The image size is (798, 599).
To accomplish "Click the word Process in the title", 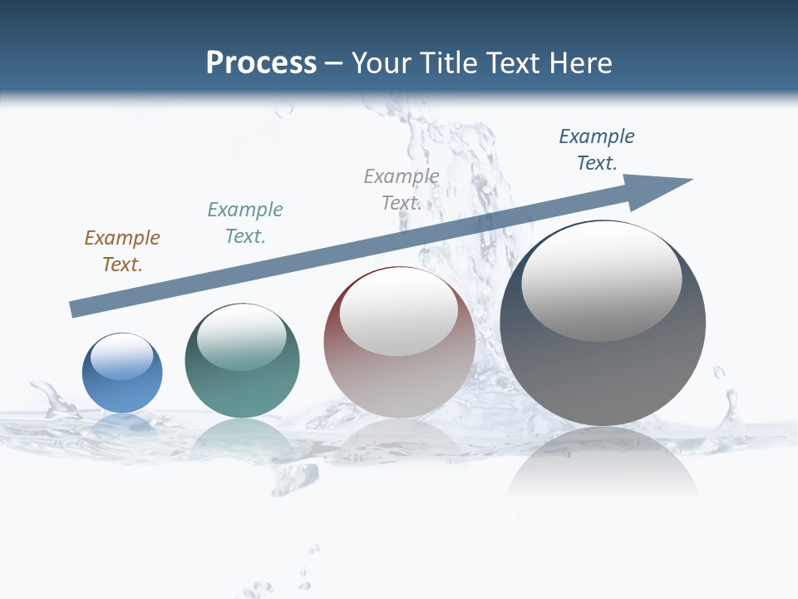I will (261, 63).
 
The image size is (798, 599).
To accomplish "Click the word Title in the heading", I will (448, 63).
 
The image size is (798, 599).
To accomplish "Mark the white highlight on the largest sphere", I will (601, 281).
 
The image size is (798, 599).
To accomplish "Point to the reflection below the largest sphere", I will (603, 466).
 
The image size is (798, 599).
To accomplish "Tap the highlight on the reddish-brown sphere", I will (399, 312).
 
